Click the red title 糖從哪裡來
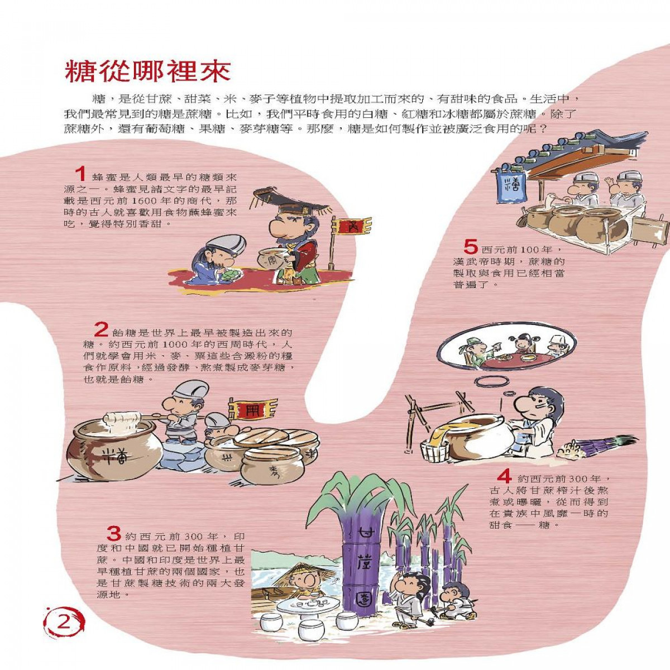click(x=148, y=72)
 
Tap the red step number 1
click(x=80, y=174)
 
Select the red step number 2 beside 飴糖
click(x=102, y=329)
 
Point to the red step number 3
click(x=114, y=534)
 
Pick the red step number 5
click(x=472, y=247)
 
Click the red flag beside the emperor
click(x=352, y=227)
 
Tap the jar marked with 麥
click(x=270, y=466)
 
